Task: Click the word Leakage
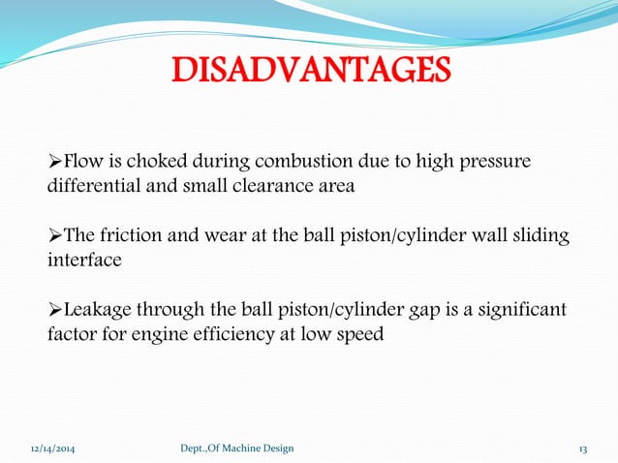(x=99, y=311)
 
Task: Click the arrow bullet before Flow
(x=54, y=161)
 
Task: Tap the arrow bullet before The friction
(x=54, y=237)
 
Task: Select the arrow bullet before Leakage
(x=54, y=312)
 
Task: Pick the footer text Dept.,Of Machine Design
(x=237, y=448)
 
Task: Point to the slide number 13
(x=583, y=448)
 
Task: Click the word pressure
(x=495, y=160)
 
